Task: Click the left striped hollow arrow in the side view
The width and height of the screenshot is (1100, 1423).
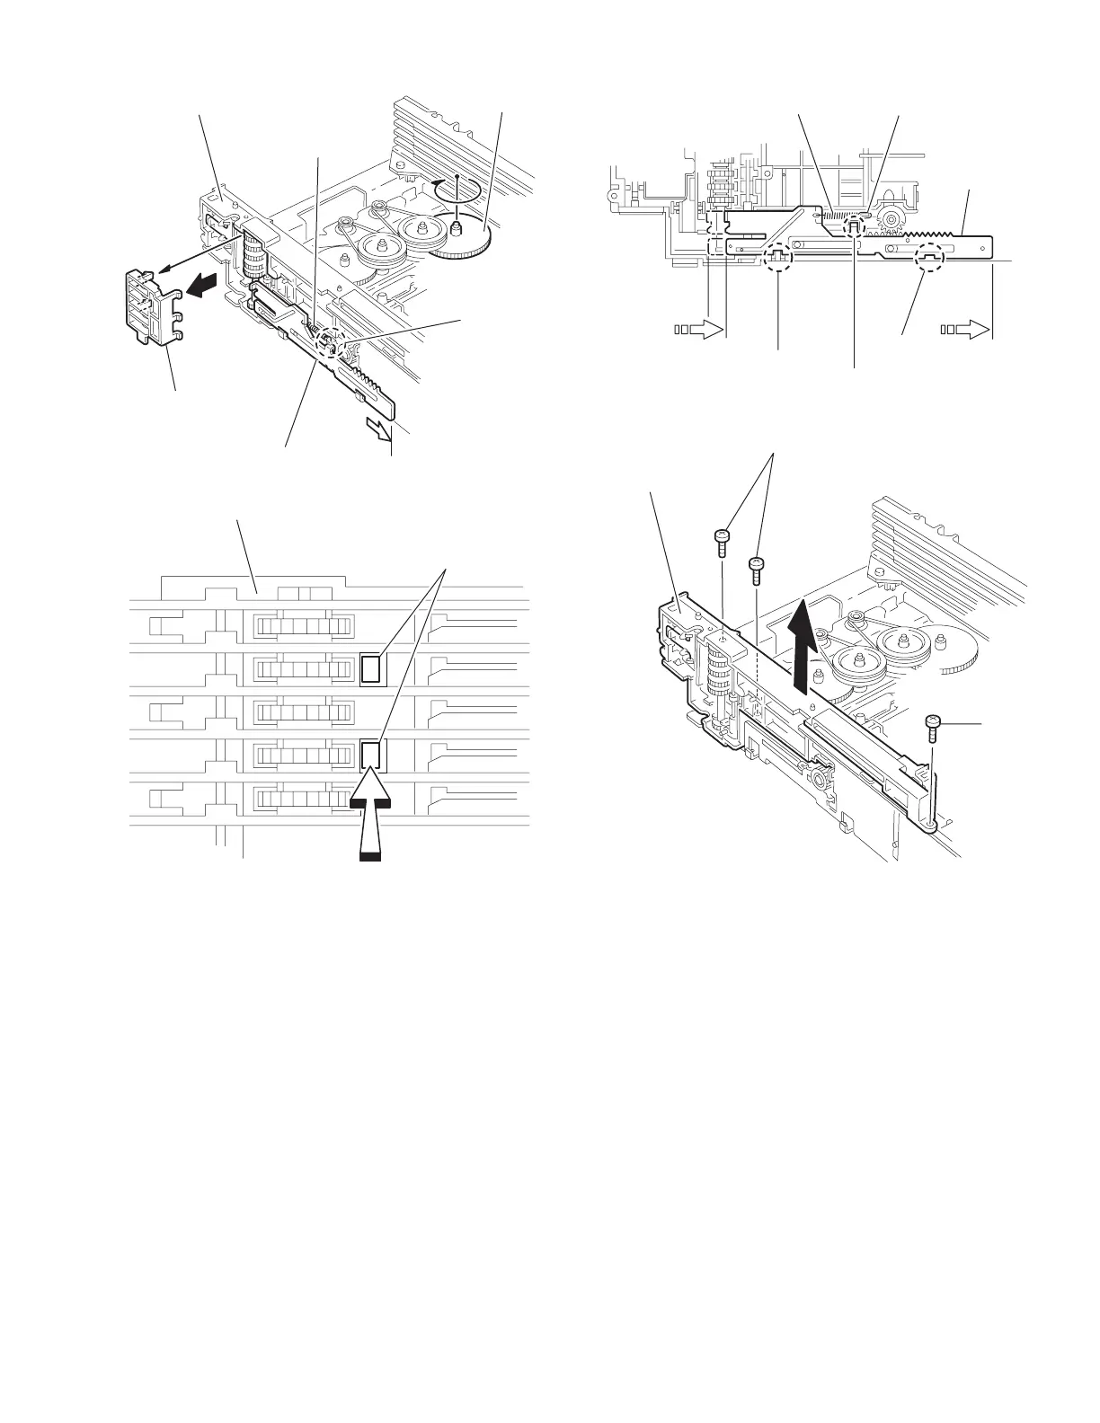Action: click(x=697, y=330)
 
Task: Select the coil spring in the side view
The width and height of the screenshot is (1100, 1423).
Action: click(x=835, y=217)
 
